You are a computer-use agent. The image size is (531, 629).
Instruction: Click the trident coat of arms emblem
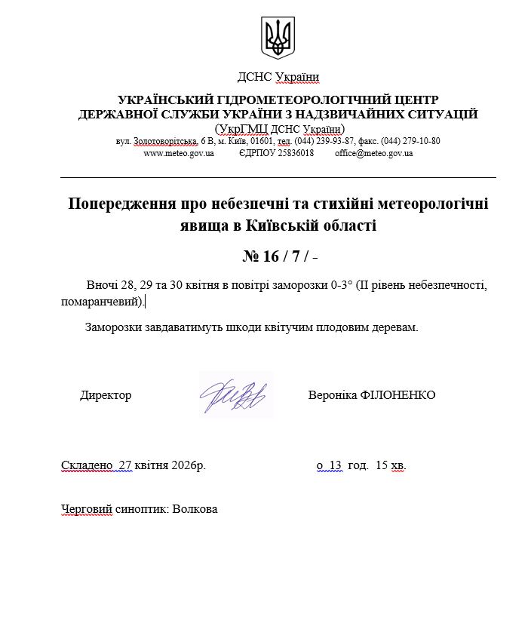coord(278,36)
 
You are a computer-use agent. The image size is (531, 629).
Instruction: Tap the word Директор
coord(106,395)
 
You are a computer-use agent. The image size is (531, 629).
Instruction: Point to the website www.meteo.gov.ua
coord(179,153)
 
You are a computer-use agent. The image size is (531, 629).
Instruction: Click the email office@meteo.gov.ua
coord(374,153)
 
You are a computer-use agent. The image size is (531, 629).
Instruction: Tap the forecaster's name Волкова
coord(195,509)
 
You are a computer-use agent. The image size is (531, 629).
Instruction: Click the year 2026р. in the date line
coord(188,465)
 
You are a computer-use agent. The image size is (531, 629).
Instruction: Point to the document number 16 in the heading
coord(271,256)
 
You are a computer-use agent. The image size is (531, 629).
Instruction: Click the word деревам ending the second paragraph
coord(397,328)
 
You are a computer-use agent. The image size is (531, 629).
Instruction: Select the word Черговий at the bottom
coord(85,509)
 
